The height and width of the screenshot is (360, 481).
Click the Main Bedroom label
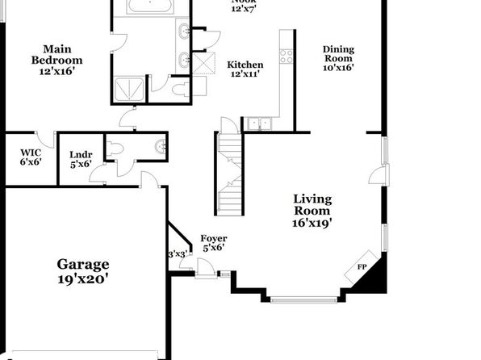point(57,60)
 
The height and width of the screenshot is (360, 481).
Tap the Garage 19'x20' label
point(83,271)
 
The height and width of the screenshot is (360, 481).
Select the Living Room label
point(312,211)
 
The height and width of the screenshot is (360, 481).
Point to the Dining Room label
point(338,58)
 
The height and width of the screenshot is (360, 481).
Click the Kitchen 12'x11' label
point(245,69)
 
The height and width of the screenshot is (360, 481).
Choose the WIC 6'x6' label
point(31,157)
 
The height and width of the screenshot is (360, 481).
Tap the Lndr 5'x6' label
point(81,160)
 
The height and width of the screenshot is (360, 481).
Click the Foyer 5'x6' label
point(214,243)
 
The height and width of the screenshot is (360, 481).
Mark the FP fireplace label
point(362,267)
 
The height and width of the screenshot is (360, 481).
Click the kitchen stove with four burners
point(287,57)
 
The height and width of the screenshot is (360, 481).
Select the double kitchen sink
point(260,124)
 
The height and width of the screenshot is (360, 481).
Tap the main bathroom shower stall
point(129,90)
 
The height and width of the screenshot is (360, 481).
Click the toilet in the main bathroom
point(181,90)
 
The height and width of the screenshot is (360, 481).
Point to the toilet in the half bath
point(115,149)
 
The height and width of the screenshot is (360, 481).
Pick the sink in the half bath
point(161,147)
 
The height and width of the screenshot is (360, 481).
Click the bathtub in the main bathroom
point(150,6)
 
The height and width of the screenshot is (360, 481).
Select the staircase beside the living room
point(229,174)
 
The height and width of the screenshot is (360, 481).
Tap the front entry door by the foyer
point(205,268)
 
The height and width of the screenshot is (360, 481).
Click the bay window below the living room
point(303,299)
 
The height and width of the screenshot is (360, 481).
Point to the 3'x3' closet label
point(178,254)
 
